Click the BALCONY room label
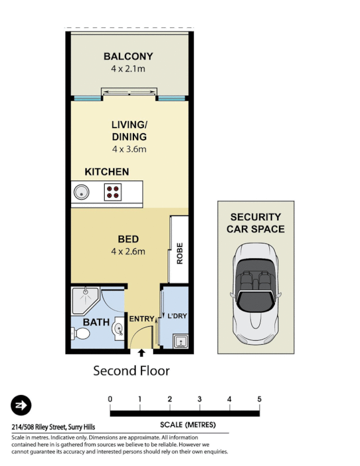click(x=128, y=57)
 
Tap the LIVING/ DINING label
click(x=129, y=131)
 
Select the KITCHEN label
click(x=107, y=172)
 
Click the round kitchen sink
click(x=80, y=191)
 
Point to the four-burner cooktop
click(x=112, y=191)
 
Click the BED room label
click(x=128, y=239)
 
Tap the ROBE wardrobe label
click(x=179, y=253)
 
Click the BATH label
click(x=96, y=322)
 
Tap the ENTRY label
click(x=142, y=319)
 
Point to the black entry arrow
click(x=142, y=352)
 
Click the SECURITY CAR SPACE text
click(x=256, y=223)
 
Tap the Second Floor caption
click(x=131, y=370)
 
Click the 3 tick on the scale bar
click(x=199, y=399)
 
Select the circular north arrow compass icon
click(x=21, y=405)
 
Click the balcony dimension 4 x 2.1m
click(x=128, y=69)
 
